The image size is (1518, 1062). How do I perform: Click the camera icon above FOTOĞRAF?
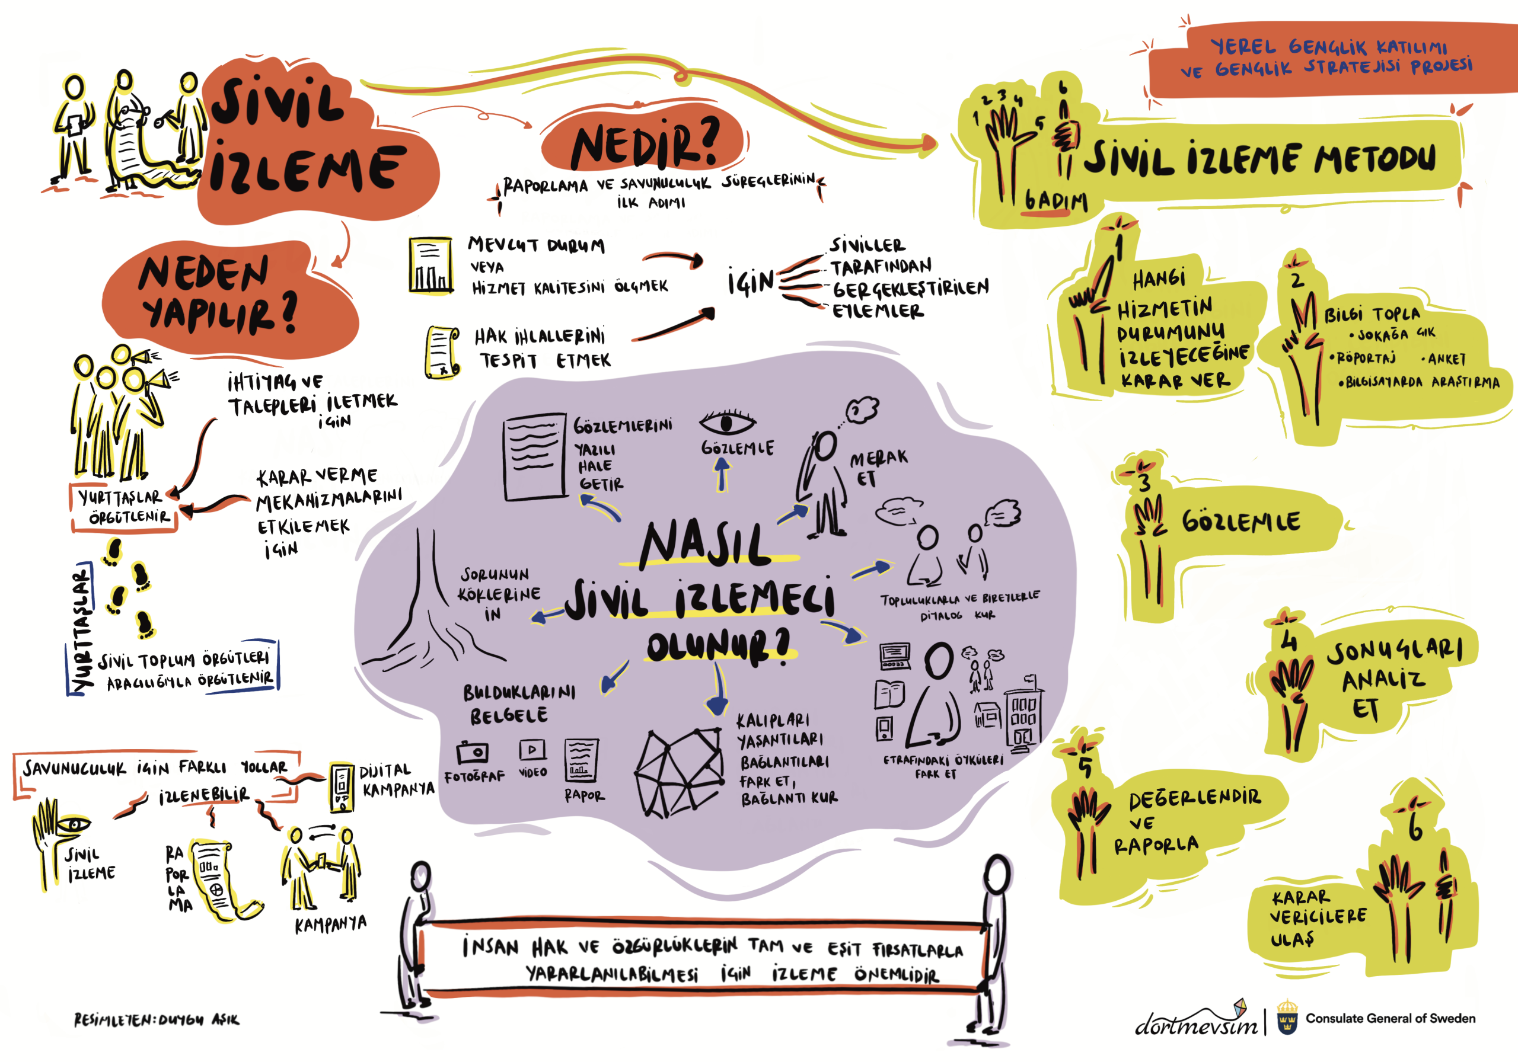click(473, 751)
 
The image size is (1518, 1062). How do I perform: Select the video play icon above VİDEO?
click(532, 750)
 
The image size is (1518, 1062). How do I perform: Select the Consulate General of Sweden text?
click(1390, 1018)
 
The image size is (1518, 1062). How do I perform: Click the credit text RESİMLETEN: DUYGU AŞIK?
click(156, 1020)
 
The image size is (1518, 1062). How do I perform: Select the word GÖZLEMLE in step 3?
click(1241, 522)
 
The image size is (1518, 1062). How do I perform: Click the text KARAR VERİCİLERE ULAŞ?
click(1317, 917)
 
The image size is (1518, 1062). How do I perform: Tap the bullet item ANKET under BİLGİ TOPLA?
click(1446, 359)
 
